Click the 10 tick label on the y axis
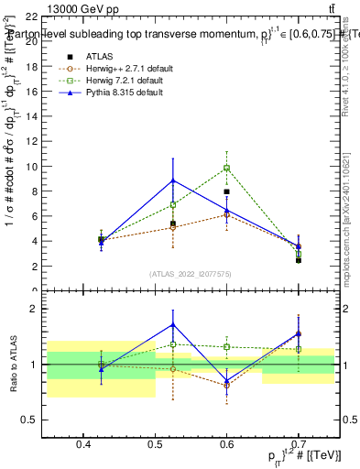(x=32, y=167)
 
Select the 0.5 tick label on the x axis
(x=155, y=444)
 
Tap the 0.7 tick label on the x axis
(x=298, y=444)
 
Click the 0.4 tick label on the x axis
(x=83, y=444)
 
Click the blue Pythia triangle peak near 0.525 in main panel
(x=173, y=180)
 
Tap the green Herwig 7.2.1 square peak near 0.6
(x=226, y=168)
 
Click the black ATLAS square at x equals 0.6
(x=226, y=192)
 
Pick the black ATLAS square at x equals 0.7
(x=298, y=260)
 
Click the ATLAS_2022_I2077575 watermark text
(x=191, y=274)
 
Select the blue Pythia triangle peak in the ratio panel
(x=173, y=325)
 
